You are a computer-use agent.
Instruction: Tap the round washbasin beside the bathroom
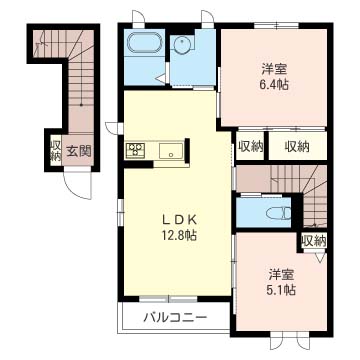pyautogui.click(x=183, y=46)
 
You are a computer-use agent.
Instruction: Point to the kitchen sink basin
pyautogui.click(x=169, y=152)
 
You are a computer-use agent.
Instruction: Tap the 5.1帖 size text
pyautogui.click(x=281, y=290)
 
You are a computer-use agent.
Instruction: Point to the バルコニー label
pyautogui.click(x=173, y=318)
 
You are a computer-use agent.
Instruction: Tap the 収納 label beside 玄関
pyautogui.click(x=54, y=152)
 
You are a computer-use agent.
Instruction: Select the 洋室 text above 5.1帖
pyautogui.click(x=281, y=273)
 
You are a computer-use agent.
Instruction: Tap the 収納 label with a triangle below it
pyautogui.click(x=312, y=240)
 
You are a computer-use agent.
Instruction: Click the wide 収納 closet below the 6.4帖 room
pyautogui.click(x=297, y=146)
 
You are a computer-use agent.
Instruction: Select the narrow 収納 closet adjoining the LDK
pyautogui.click(x=250, y=146)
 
